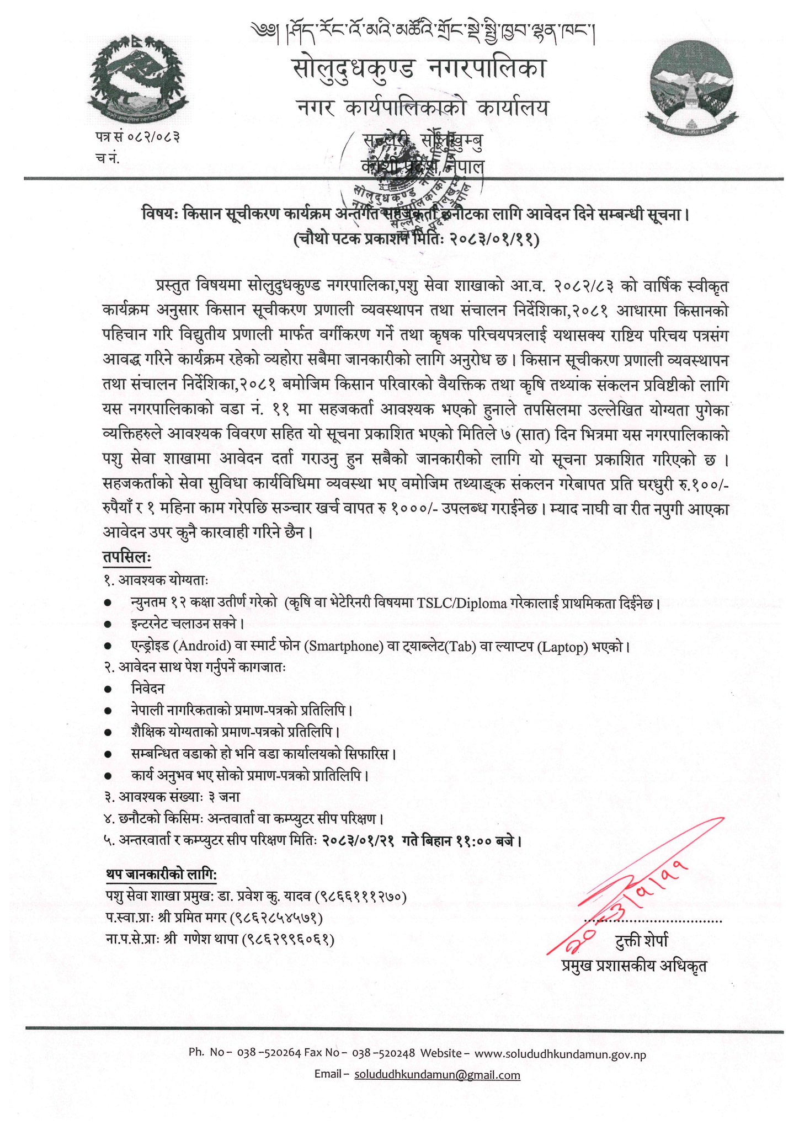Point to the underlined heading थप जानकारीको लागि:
click(161, 875)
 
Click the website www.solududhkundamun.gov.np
click(560, 1054)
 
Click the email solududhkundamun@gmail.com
click(437, 1075)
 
